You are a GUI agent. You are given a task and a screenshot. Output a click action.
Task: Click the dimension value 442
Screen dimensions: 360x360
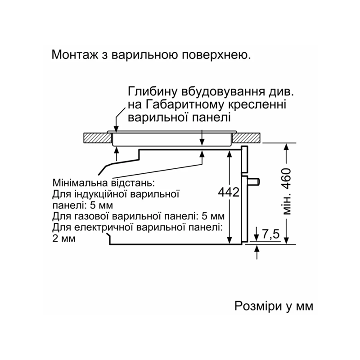[x=229, y=192]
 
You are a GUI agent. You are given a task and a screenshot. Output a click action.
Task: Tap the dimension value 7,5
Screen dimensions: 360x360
[x=271, y=234]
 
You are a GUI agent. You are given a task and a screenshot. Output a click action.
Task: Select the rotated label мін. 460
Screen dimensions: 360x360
[x=287, y=192]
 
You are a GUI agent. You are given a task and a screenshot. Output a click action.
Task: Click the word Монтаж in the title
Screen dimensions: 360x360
[x=75, y=54]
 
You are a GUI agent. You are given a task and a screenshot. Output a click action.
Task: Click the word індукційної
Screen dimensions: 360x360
[x=101, y=194]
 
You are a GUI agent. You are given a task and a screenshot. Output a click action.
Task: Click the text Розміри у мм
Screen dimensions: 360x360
[x=274, y=306]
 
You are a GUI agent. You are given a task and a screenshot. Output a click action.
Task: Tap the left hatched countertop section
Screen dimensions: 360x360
[x=97, y=138]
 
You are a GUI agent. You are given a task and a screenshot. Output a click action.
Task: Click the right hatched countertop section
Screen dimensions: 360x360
[x=246, y=138]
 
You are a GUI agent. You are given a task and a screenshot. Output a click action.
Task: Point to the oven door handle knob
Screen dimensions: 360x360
[x=253, y=181]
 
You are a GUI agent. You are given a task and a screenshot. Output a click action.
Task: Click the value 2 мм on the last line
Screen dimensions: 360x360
[x=64, y=238]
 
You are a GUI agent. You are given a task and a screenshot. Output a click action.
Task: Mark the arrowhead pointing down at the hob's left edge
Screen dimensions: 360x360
[x=117, y=129]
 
